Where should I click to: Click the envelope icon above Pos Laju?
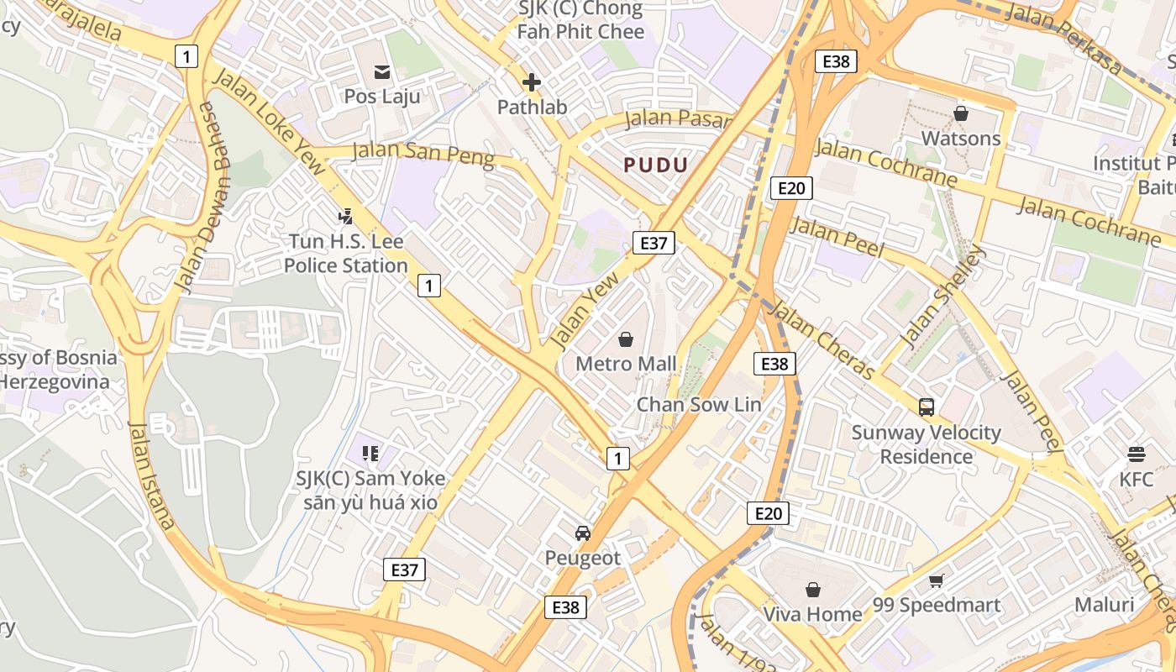pos(382,72)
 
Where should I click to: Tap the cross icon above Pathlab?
pos(531,82)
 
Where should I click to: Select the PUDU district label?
pos(656,165)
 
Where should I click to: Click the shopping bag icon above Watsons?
pos(961,113)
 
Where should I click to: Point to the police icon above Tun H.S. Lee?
pos(345,217)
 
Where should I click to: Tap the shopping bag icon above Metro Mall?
pos(625,339)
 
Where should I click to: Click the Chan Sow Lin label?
pos(699,404)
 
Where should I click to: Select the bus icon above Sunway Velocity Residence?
pos(927,407)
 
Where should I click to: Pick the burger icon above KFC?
pos(1137,454)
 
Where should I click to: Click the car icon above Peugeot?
pos(583,533)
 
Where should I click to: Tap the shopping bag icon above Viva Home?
pos(812,590)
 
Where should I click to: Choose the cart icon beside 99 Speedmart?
pos(937,580)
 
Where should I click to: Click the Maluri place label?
pos(1104,605)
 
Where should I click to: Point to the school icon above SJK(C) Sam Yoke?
pos(370,454)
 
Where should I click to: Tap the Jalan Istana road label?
pos(152,475)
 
